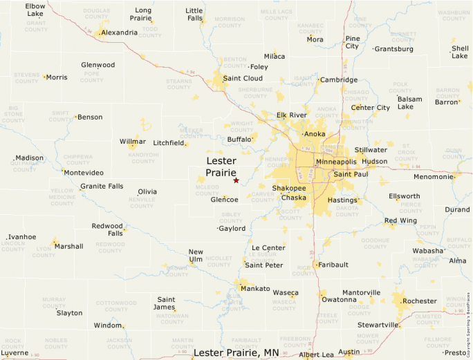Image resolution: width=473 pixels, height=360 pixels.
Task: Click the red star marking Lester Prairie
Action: (x=236, y=180)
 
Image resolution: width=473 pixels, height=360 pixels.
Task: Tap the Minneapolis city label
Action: (x=335, y=162)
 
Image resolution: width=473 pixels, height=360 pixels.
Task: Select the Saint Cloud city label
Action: (x=242, y=78)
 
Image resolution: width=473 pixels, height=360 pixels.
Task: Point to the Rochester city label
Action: (x=420, y=301)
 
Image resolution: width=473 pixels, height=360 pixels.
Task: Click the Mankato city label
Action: (x=254, y=288)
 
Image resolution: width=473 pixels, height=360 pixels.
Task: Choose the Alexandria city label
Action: (x=119, y=32)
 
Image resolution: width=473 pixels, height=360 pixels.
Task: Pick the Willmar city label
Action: (x=133, y=142)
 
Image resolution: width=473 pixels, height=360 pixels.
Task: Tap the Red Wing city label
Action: (x=400, y=220)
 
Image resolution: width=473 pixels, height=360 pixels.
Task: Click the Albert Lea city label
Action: (x=316, y=354)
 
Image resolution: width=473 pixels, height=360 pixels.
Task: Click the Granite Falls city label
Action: (x=102, y=187)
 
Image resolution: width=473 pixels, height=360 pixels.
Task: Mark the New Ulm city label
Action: (x=196, y=256)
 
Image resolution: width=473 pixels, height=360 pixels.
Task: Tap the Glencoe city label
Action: (x=224, y=200)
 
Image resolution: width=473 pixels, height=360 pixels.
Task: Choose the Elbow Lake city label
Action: (x=35, y=10)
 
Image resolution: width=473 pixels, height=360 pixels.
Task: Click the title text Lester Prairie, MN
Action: (x=236, y=352)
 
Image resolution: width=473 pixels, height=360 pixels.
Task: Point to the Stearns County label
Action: (x=178, y=84)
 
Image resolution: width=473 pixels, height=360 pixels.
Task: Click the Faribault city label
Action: (x=335, y=265)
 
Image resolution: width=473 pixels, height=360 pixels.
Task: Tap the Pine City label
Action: (x=352, y=42)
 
